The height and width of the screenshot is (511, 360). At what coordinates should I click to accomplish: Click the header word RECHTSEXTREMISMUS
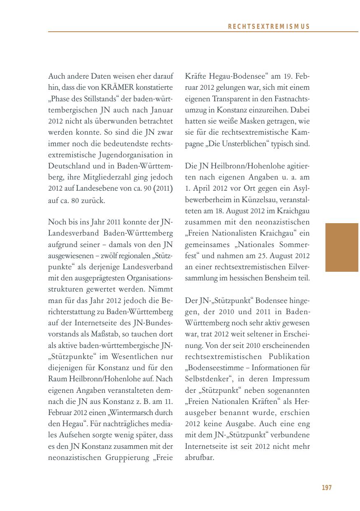click(268, 26)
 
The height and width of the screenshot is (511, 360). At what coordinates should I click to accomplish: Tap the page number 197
click(327, 488)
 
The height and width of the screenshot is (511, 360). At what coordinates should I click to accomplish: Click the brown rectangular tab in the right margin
click(341, 247)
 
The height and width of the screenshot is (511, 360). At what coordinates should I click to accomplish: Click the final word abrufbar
click(200, 457)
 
